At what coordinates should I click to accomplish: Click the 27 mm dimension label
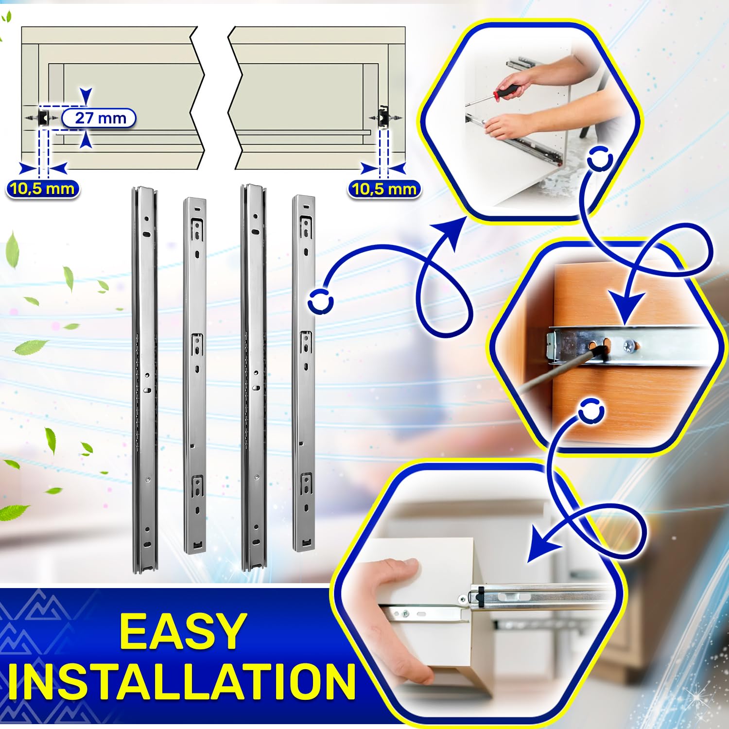click(99, 118)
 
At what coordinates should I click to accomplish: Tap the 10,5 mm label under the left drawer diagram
click(43, 189)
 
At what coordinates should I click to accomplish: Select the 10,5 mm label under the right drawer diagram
click(384, 189)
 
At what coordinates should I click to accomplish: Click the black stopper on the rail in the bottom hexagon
click(479, 596)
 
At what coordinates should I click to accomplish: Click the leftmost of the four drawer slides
click(144, 379)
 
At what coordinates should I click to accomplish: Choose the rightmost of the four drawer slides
click(304, 373)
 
